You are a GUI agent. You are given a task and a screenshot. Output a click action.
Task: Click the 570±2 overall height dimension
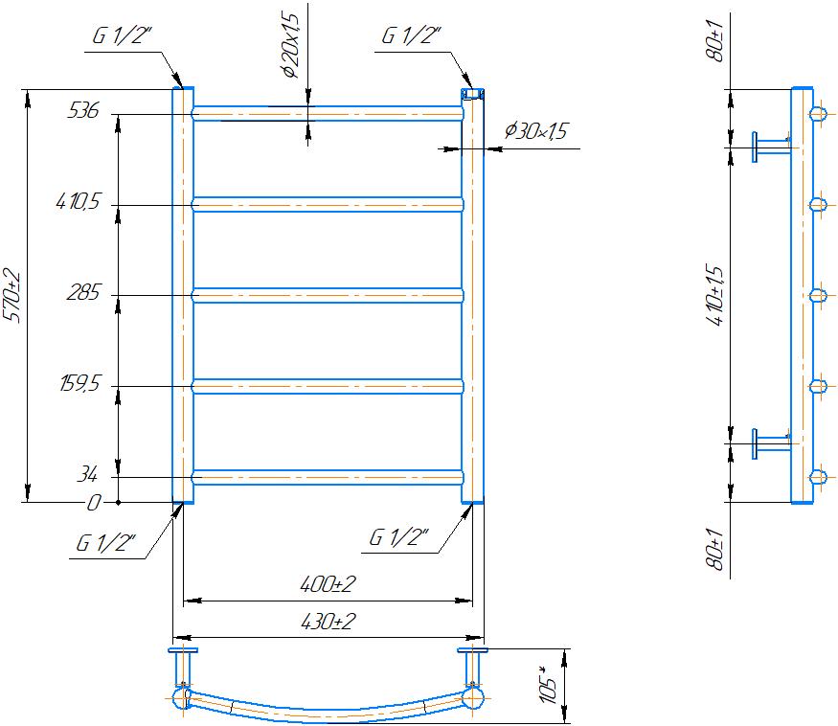(12, 296)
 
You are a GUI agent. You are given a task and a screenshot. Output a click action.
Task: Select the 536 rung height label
(82, 110)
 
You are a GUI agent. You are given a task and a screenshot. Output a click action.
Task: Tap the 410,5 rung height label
(78, 201)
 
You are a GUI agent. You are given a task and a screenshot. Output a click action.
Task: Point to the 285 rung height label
(82, 292)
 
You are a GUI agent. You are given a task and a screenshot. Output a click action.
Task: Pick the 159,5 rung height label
(79, 383)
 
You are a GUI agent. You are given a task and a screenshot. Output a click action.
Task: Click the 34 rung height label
(87, 474)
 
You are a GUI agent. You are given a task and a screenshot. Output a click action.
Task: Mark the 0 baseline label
(93, 503)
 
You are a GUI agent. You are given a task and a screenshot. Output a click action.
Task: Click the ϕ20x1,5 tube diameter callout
(292, 46)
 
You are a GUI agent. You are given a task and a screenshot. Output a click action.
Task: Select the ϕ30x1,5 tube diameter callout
(535, 131)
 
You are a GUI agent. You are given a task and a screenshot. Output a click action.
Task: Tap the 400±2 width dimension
(328, 584)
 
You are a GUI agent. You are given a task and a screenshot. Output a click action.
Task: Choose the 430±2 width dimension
(328, 622)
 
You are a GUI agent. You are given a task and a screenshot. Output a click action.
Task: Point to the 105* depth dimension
(550, 684)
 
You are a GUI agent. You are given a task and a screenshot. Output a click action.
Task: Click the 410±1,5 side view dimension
(716, 295)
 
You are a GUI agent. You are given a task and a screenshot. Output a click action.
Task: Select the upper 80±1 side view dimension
(716, 41)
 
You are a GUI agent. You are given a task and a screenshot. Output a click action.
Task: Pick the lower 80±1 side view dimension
(716, 549)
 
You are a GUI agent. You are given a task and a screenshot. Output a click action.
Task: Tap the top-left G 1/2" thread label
(122, 35)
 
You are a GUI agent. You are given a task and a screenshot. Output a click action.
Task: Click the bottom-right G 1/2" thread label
(398, 537)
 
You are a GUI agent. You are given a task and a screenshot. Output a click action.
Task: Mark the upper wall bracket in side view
(772, 147)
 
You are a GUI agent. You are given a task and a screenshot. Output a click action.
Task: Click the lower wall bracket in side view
(772, 443)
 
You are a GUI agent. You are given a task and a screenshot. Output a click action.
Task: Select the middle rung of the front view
(328, 296)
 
